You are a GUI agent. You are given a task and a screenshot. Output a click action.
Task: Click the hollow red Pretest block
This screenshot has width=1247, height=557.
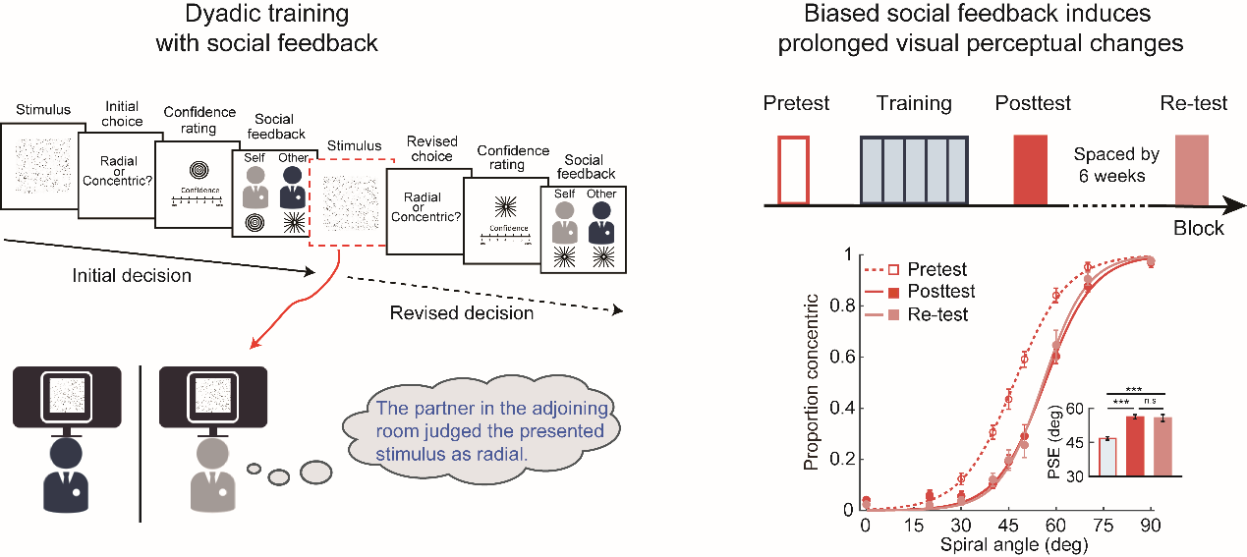point(793,169)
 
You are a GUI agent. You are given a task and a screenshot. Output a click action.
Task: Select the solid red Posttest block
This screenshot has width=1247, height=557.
point(1032,169)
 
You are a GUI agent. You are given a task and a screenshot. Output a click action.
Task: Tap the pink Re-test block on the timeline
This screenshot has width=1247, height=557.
point(1194,169)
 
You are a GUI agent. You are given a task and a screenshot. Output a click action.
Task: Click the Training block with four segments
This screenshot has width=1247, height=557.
point(915,169)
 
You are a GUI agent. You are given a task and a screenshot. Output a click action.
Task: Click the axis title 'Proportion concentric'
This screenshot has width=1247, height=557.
point(812,383)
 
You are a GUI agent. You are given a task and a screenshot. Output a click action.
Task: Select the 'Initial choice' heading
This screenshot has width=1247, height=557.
point(123,113)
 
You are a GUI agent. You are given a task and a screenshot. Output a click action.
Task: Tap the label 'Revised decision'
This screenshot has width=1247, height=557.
point(462,313)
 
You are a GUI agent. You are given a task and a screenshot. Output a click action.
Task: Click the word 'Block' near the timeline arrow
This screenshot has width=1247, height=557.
point(1199,228)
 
